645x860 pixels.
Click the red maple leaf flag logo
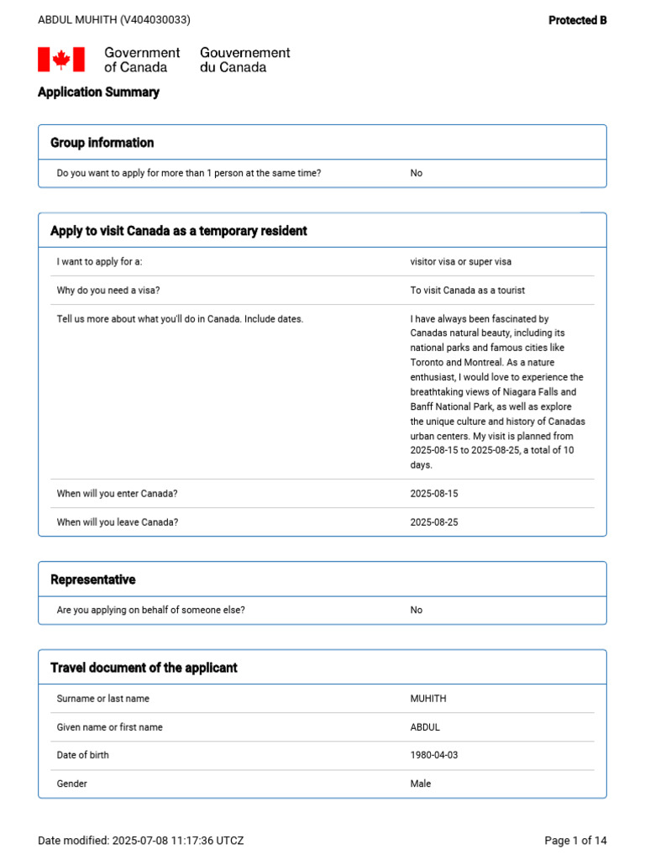pyautogui.click(x=61, y=60)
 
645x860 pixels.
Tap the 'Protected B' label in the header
pyautogui.click(x=577, y=20)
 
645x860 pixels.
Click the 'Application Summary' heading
pyautogui.click(x=98, y=92)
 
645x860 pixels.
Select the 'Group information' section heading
pyautogui.click(x=102, y=143)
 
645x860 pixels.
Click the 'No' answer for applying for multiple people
pyautogui.click(x=416, y=173)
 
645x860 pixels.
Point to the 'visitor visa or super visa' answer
pyautogui.click(x=460, y=262)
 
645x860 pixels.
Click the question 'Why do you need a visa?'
pyautogui.click(x=108, y=291)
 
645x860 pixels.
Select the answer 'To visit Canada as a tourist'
pyautogui.click(x=468, y=291)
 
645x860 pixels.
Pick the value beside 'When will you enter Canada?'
pyautogui.click(x=434, y=494)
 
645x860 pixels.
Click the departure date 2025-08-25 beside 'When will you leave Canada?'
pyautogui.click(x=434, y=522)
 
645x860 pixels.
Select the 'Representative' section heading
pyautogui.click(x=92, y=580)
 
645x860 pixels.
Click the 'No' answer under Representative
pyautogui.click(x=416, y=611)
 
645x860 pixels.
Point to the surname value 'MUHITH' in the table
pyautogui.click(x=430, y=699)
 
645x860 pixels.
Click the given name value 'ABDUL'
pyautogui.click(x=425, y=727)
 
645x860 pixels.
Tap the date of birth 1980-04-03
pyautogui.click(x=434, y=755)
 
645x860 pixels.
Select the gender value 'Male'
pyautogui.click(x=420, y=784)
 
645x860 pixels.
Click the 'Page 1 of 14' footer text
pyautogui.click(x=575, y=841)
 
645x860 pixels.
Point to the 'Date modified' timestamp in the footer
pyautogui.click(x=141, y=841)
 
